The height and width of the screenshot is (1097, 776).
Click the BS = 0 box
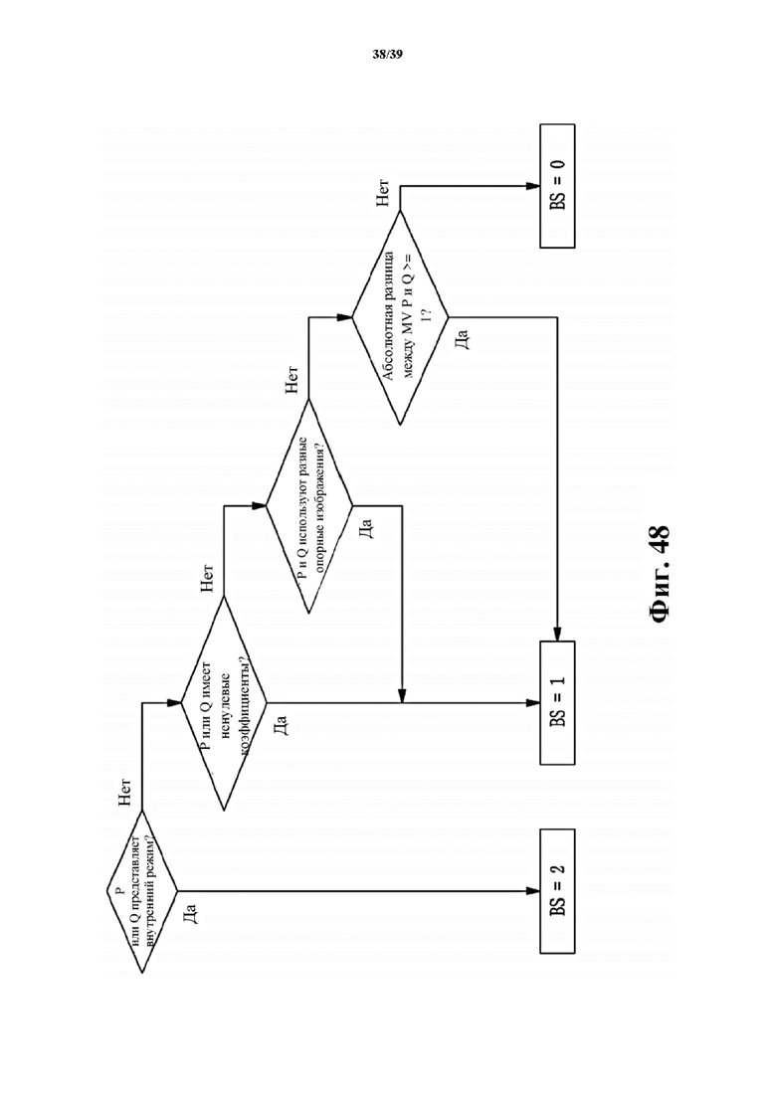click(x=557, y=186)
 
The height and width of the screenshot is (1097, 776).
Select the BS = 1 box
click(x=557, y=703)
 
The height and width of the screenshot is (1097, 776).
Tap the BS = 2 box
click(x=557, y=890)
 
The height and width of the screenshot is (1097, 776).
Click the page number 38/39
click(x=387, y=54)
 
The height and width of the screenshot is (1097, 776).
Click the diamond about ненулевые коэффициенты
click(x=224, y=703)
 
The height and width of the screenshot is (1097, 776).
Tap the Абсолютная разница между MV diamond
click(x=400, y=318)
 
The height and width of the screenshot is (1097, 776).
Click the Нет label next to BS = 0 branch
click(x=384, y=195)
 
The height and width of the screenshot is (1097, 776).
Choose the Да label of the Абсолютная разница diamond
click(x=461, y=341)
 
